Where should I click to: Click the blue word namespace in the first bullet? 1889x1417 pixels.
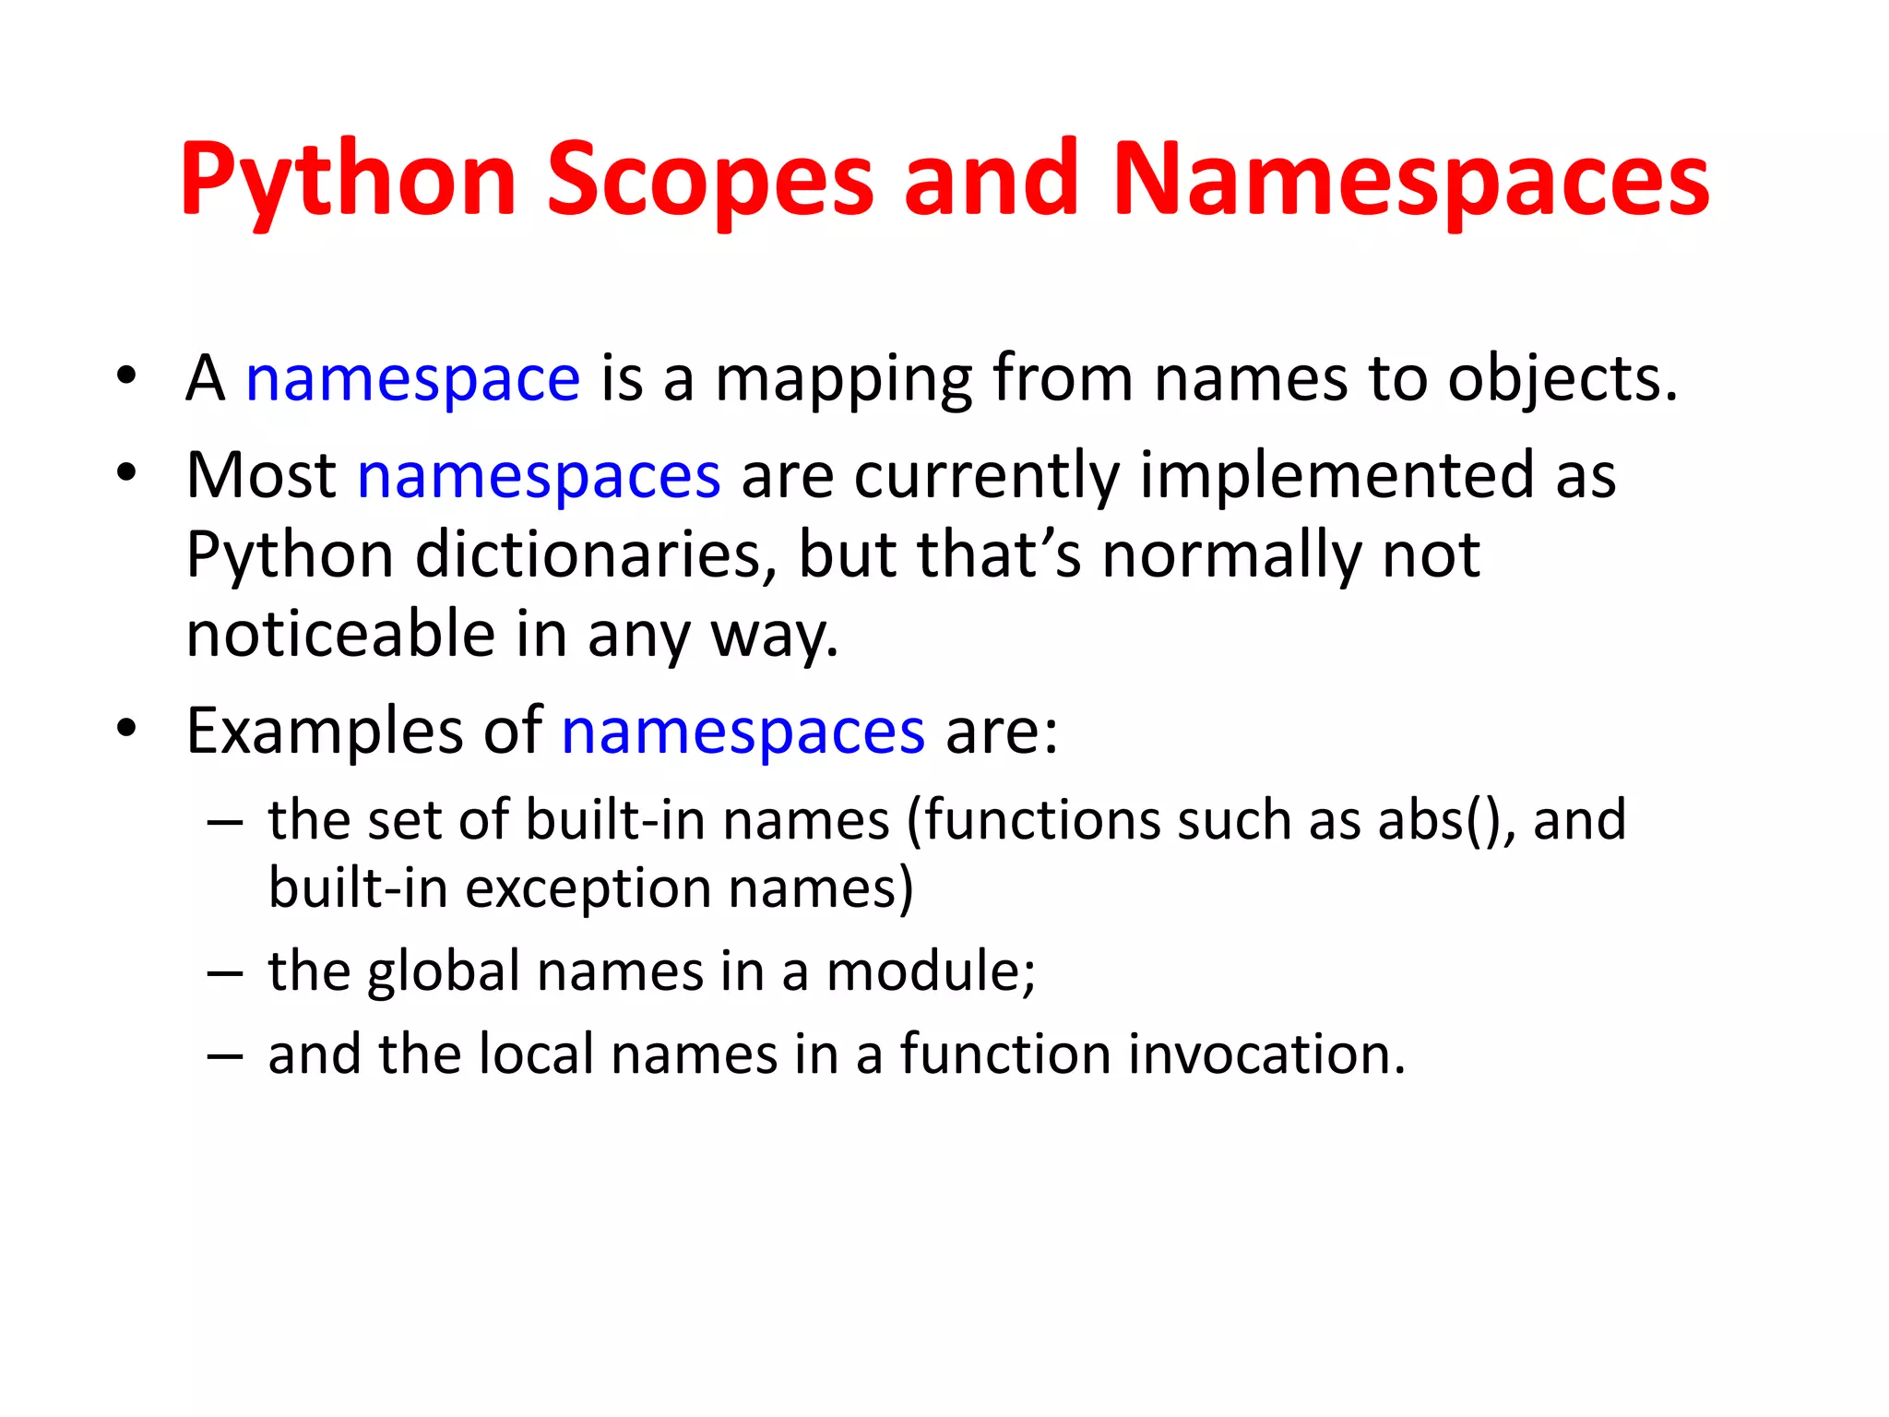pos(412,379)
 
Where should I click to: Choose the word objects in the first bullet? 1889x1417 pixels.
pos(1561,379)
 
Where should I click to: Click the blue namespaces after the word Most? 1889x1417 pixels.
pos(539,476)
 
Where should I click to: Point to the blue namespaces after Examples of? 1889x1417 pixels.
pos(743,732)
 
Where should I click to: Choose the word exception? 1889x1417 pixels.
pos(588,888)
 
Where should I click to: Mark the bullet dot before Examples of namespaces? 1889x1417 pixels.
pos(126,729)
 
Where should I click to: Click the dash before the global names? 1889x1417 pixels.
pos(225,973)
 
